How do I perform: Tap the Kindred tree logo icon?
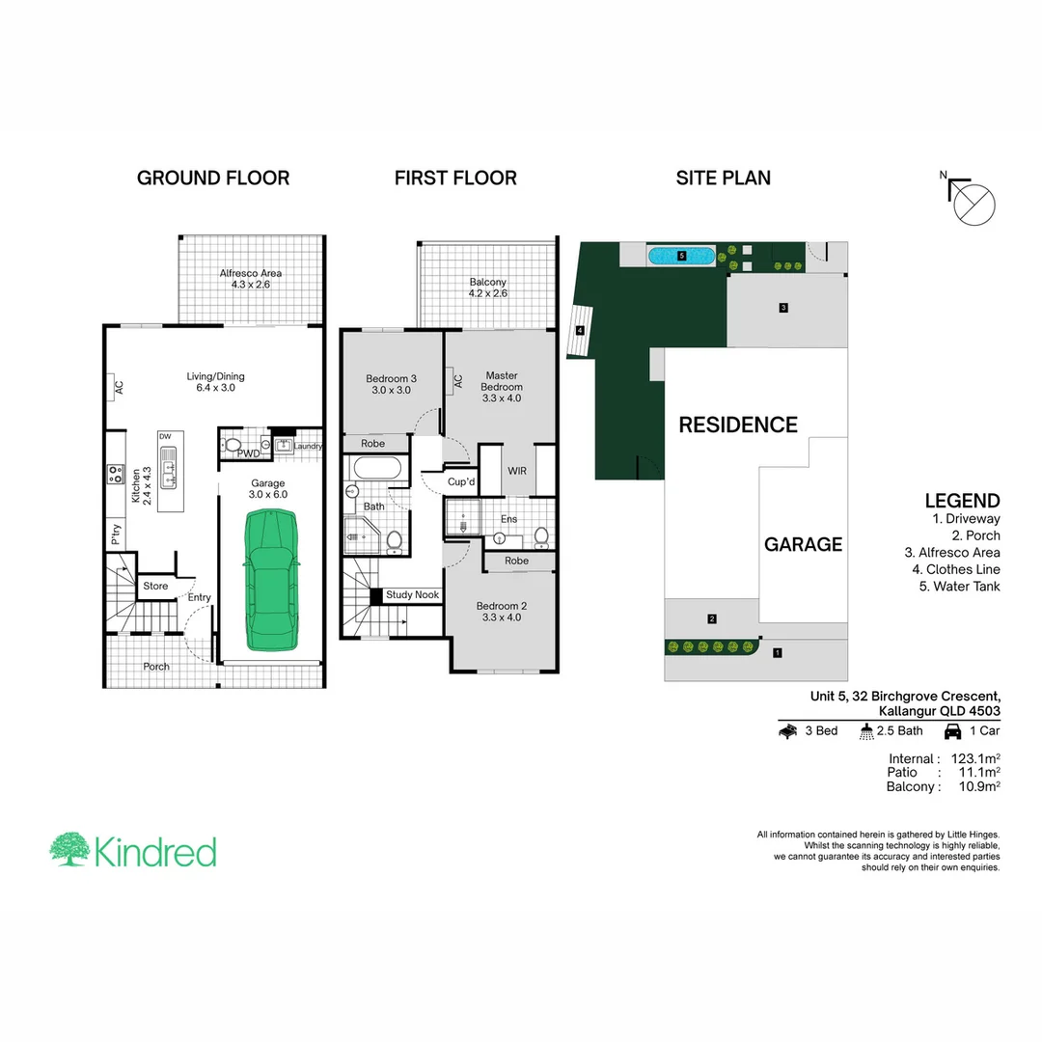pyautogui.click(x=69, y=850)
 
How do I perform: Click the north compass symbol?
pyautogui.click(x=973, y=203)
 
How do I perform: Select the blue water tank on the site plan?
pyautogui.click(x=681, y=257)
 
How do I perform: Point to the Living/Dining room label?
pyautogui.click(x=216, y=382)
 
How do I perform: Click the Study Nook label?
pyautogui.click(x=413, y=595)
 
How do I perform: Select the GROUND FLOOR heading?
pyautogui.click(x=213, y=178)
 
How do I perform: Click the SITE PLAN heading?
pyautogui.click(x=723, y=178)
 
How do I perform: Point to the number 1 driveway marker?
pyautogui.click(x=778, y=652)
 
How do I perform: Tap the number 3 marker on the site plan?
pyautogui.click(x=784, y=308)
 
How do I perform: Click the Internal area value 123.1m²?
pyautogui.click(x=974, y=759)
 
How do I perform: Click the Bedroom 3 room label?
pyautogui.click(x=391, y=384)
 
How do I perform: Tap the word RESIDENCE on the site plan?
pyautogui.click(x=738, y=425)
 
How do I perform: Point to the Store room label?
pyautogui.click(x=155, y=586)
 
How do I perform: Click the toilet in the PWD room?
pyautogui.click(x=233, y=445)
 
